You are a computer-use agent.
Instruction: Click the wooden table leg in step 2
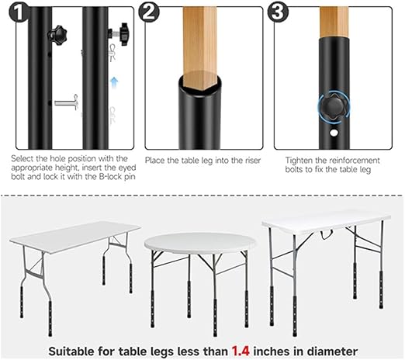click(200, 39)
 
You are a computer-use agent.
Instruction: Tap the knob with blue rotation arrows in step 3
click(329, 106)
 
